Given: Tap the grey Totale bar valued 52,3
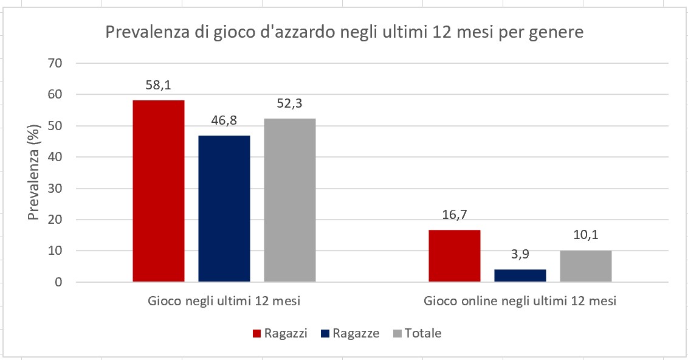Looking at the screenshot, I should click(x=289, y=200).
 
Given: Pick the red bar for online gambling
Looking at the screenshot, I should click(x=455, y=256).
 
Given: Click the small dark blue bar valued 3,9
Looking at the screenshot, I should click(x=520, y=275).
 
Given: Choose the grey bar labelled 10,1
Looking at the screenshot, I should click(x=585, y=266).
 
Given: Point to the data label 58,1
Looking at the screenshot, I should click(x=158, y=86).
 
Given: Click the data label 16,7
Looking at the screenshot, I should click(x=455, y=215).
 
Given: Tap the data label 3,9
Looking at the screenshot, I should click(x=520, y=255).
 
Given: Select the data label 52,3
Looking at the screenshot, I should click(x=289, y=104).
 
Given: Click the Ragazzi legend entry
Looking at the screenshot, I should click(x=280, y=333).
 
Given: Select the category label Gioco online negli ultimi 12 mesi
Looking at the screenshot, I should click(x=520, y=301).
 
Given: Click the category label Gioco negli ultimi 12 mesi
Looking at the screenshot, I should click(x=224, y=301).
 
